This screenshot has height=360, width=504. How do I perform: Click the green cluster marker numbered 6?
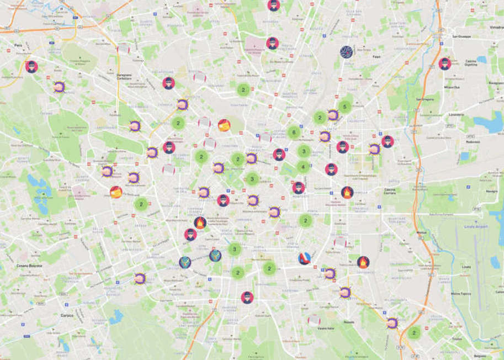294,132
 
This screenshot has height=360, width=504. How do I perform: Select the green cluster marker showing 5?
344,107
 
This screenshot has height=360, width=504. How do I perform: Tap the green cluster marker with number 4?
303,167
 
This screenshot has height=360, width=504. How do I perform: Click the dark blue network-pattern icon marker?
346,52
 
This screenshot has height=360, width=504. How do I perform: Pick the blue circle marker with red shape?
304,258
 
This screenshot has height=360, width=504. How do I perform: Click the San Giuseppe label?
462,36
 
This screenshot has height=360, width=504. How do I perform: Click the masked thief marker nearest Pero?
31,66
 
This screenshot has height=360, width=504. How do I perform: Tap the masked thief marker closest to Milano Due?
444,63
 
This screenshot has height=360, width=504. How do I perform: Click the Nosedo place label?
349,322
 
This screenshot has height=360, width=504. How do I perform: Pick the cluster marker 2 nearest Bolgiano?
413,332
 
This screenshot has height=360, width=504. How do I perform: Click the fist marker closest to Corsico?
140,278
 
